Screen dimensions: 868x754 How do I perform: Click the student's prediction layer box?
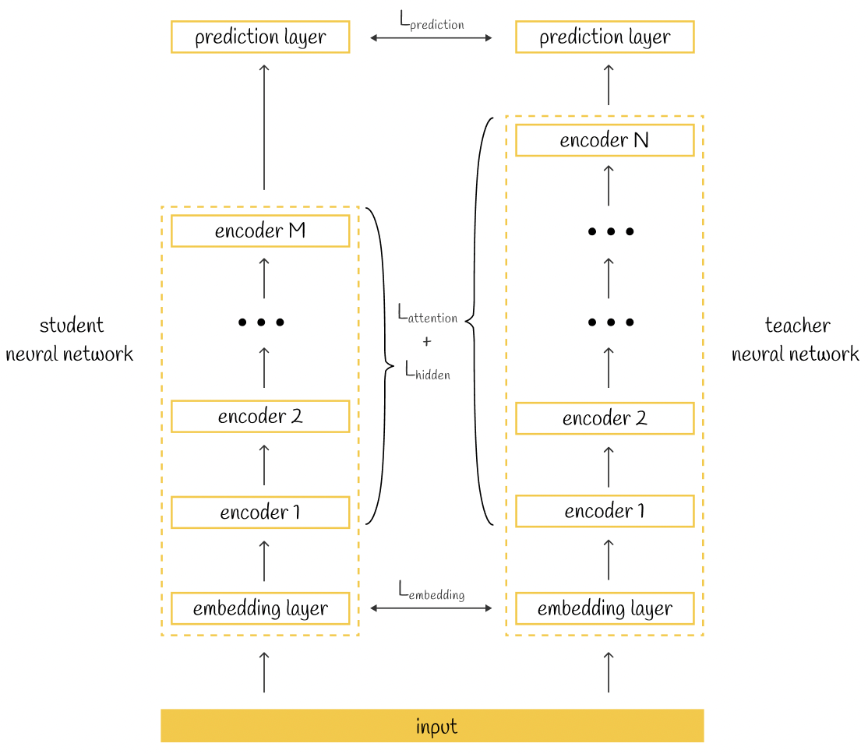coord(260,37)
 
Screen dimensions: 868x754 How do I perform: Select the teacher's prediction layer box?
coord(605,37)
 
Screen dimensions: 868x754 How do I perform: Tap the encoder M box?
coord(260,231)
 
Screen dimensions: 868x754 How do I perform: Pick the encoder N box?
coord(605,140)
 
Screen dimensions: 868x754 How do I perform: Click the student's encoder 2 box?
coord(260,416)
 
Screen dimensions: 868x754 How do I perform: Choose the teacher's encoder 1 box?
coord(605,511)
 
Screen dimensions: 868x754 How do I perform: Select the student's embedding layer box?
coord(260,608)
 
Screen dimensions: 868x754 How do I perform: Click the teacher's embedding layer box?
coord(605,608)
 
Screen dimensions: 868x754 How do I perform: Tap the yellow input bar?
coord(432,726)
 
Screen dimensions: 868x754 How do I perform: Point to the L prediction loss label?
coord(432,21)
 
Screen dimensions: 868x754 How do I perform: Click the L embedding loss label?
coord(431,590)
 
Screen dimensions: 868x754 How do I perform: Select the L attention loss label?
coord(427,314)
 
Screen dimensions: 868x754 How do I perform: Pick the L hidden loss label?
coord(427,370)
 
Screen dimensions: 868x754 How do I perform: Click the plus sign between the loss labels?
coord(427,342)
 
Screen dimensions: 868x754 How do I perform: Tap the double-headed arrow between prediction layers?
coord(431,38)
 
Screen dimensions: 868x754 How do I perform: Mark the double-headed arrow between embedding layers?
coord(431,608)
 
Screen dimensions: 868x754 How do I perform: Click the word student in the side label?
coord(72,325)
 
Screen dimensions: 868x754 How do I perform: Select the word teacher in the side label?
coord(797,325)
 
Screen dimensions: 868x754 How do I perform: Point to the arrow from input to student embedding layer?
coord(264,672)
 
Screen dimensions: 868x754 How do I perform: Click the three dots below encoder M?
coord(261,322)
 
